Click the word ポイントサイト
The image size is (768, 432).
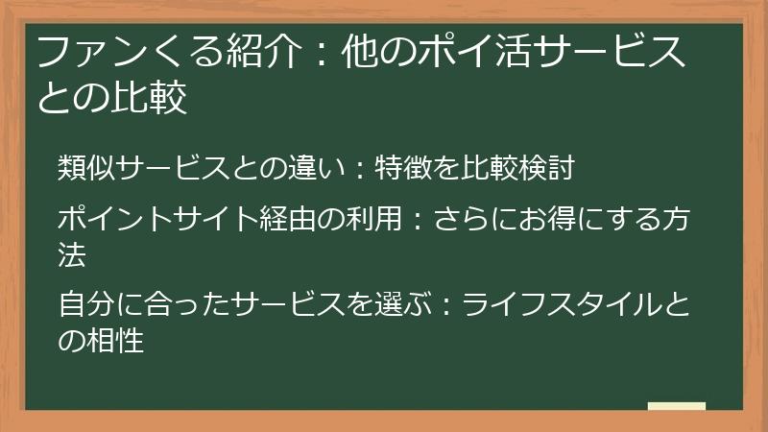point(147,220)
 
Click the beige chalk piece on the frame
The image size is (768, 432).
point(677,407)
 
